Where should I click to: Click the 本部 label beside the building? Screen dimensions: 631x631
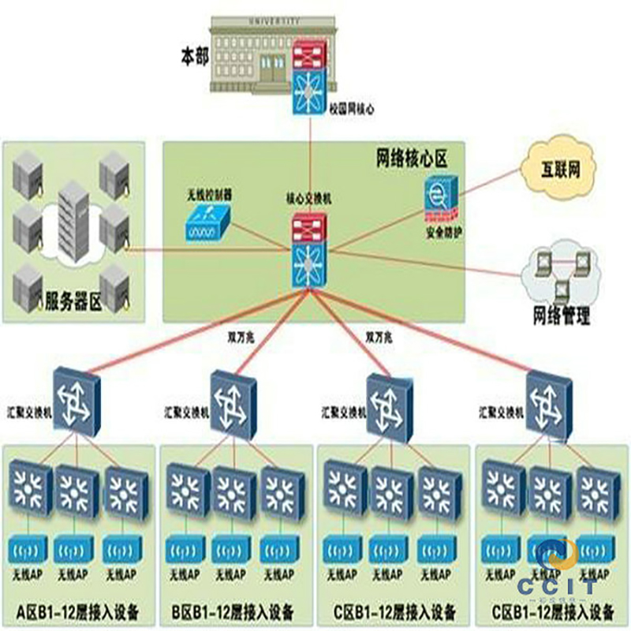(x=195, y=57)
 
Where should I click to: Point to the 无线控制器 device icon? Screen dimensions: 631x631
(x=207, y=224)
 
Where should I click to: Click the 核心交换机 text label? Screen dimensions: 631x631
(x=309, y=200)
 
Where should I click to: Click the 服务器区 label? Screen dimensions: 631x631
(x=74, y=300)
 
